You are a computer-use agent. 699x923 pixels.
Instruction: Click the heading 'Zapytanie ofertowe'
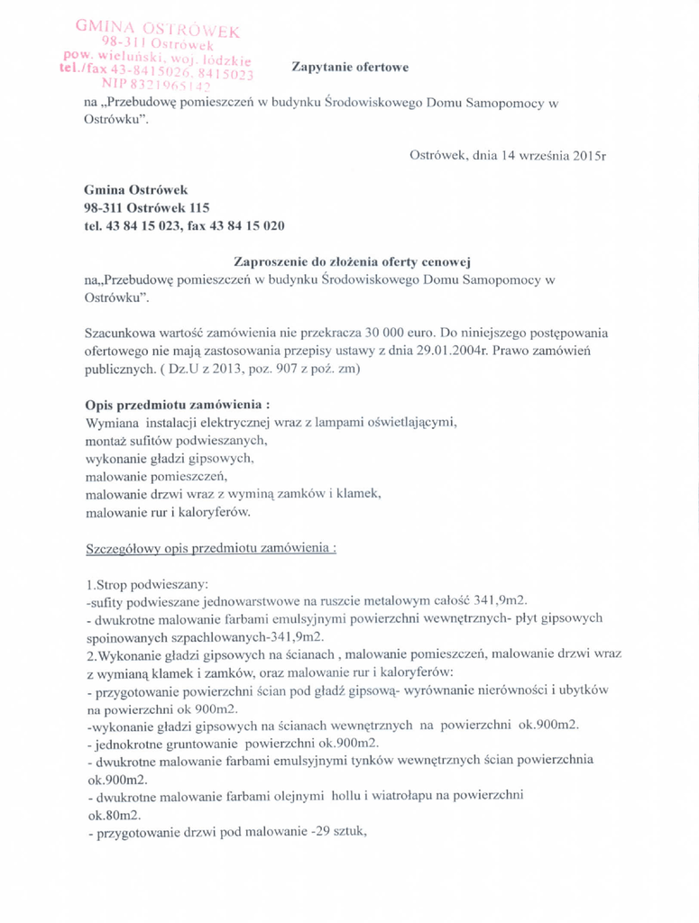click(350, 67)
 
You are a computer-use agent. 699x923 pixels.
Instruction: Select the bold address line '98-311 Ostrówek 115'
click(140, 207)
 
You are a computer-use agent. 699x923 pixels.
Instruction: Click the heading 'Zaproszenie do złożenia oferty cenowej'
click(353, 261)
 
